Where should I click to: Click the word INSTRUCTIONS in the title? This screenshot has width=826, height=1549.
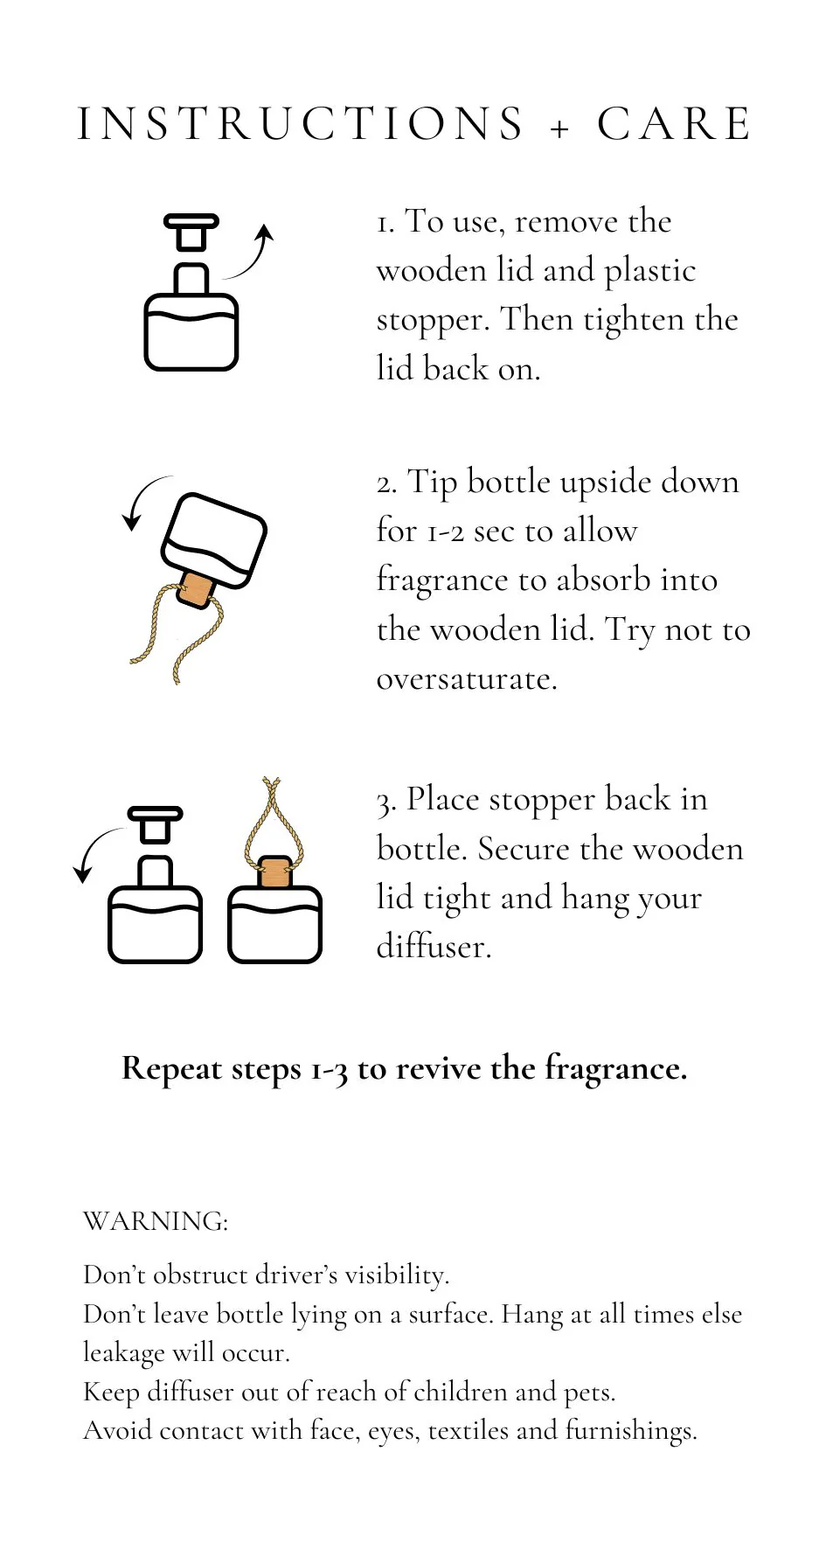coord(301,123)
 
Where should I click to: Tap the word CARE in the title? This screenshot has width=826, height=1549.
coord(674,123)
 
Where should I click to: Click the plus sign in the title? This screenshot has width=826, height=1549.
coord(560,129)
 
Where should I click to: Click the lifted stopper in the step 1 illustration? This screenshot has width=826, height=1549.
coord(191,232)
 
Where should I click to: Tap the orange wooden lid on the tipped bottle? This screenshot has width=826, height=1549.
coord(196,589)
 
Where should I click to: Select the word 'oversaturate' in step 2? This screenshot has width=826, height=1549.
coord(467,679)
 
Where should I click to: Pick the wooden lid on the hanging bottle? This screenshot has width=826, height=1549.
coord(275,872)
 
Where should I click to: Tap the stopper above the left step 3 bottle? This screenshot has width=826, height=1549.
coord(156,824)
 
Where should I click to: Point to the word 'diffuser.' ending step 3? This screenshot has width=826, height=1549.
coord(434,946)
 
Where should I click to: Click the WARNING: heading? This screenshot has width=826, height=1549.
coord(156,1221)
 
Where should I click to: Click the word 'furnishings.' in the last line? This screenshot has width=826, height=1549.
coord(631,1431)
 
